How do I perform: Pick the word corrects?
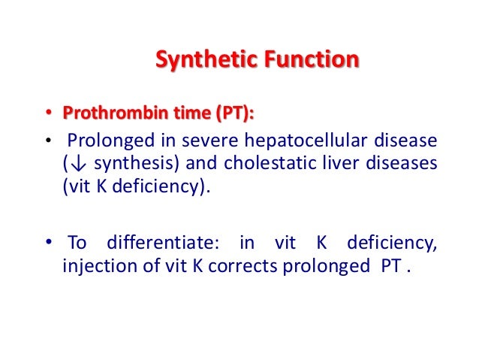coord(245,267)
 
